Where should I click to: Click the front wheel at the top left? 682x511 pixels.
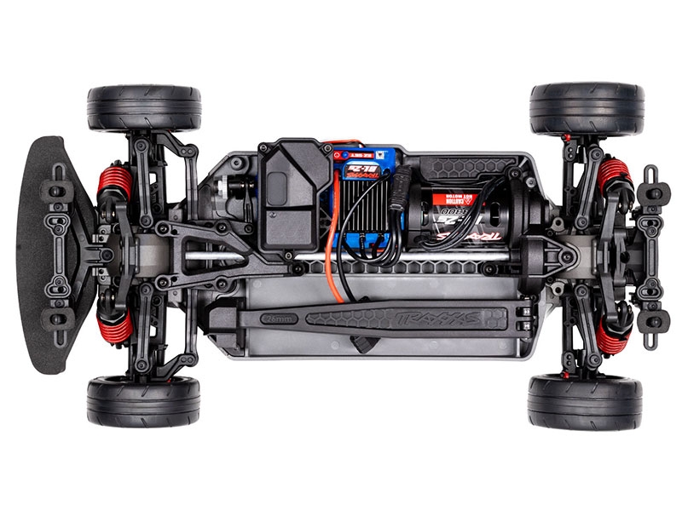click(x=143, y=108)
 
